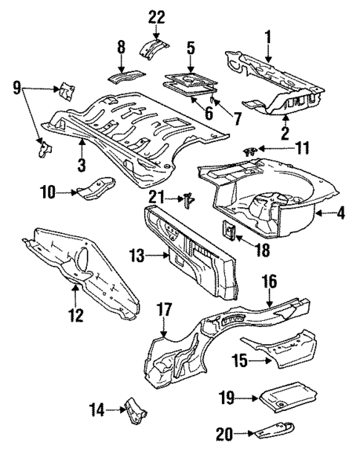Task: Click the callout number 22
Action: [157, 17]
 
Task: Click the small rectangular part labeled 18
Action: [230, 231]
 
